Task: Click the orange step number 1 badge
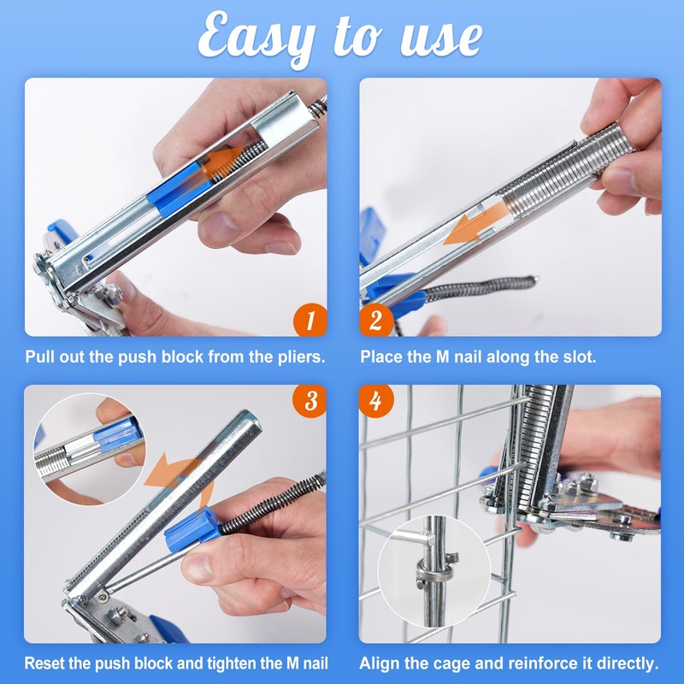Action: click(x=310, y=320)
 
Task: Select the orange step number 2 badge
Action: click(x=376, y=320)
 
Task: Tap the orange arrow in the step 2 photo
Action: click(x=475, y=224)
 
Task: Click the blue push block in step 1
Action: click(x=179, y=188)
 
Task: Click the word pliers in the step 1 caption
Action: click(x=302, y=357)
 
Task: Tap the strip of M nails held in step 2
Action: click(x=563, y=171)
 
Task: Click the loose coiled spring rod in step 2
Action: click(x=480, y=288)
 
